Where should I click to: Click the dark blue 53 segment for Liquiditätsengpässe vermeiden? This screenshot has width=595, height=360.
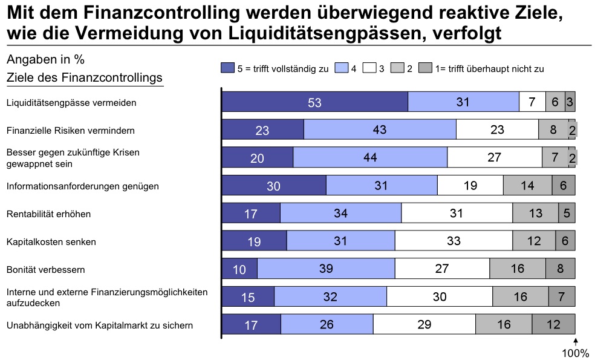(x=314, y=102)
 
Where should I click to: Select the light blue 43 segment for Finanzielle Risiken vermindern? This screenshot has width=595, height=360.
(x=380, y=130)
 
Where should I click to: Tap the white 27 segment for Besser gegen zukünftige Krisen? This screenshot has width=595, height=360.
(x=494, y=157)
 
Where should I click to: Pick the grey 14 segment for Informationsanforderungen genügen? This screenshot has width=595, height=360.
(x=527, y=186)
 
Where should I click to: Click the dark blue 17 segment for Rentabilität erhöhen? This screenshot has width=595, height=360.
(x=251, y=214)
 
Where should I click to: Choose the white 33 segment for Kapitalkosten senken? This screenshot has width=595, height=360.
(x=454, y=241)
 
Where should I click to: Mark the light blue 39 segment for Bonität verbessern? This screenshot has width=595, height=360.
(x=326, y=269)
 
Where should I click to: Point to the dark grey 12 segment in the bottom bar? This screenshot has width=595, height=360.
(x=553, y=325)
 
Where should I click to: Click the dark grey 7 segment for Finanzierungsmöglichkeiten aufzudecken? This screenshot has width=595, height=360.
(x=561, y=297)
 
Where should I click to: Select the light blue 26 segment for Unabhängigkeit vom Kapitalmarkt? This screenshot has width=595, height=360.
(x=327, y=325)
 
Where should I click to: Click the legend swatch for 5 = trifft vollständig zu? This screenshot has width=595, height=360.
(x=227, y=68)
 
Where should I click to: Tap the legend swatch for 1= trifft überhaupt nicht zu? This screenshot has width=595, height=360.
(x=426, y=68)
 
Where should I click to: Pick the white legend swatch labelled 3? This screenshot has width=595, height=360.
(x=369, y=68)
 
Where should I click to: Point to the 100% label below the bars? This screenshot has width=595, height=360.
(x=576, y=353)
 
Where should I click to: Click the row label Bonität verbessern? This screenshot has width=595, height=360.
(x=45, y=269)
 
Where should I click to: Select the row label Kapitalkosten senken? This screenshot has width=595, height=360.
(x=51, y=242)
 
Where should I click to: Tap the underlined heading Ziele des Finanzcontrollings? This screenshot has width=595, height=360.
(x=84, y=78)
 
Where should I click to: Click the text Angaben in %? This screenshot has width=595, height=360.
(x=45, y=60)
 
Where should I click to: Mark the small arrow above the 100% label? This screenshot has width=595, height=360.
(x=575, y=342)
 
